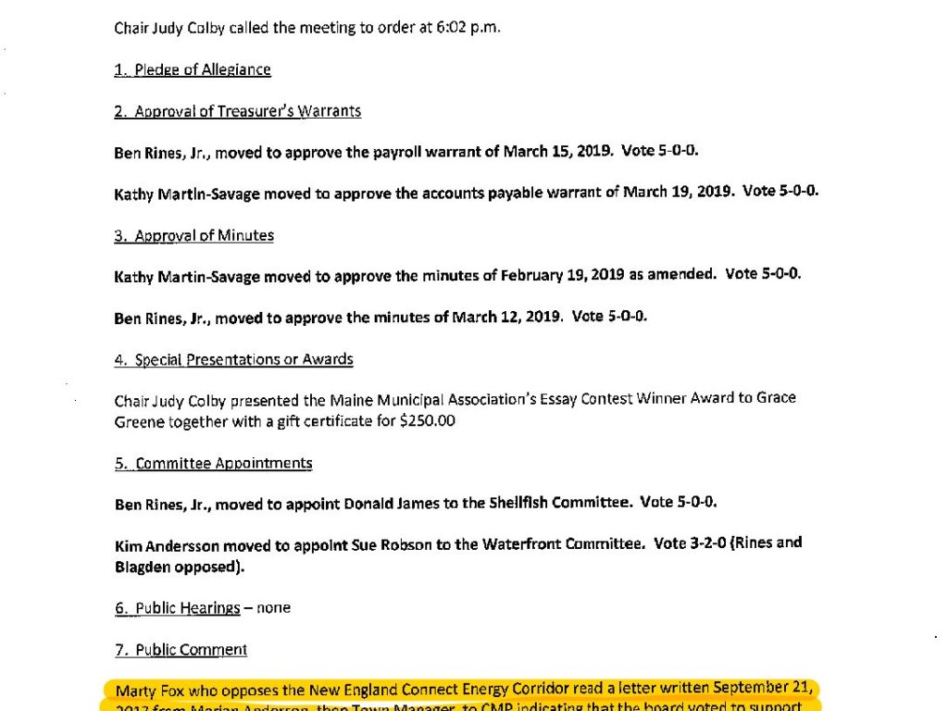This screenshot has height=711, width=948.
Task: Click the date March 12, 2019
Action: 506,317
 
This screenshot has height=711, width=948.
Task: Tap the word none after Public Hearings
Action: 273,608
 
